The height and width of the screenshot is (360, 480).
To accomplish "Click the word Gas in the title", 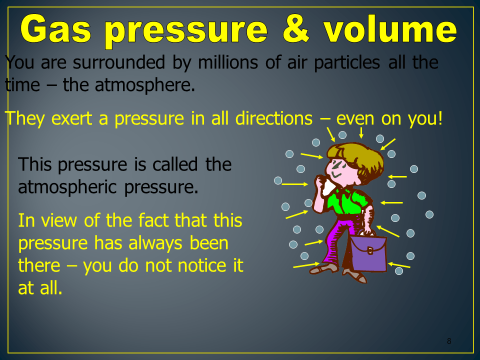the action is (55, 29).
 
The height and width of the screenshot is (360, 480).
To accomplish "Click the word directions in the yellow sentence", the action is (274, 118).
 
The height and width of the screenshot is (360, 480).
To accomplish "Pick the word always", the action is (155, 243).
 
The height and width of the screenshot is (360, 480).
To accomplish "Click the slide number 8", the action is (449, 341).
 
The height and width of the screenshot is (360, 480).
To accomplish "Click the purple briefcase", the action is (368, 253).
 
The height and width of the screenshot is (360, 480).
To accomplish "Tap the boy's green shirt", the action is (347, 201).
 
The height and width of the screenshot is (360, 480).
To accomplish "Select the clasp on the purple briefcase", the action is (370, 250).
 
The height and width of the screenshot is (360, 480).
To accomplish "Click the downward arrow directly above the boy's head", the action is (361, 132).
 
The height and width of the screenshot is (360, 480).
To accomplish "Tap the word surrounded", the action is (119, 62).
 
